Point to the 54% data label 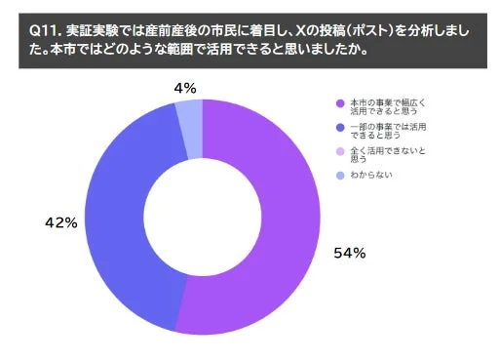350,254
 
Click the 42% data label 61,223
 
